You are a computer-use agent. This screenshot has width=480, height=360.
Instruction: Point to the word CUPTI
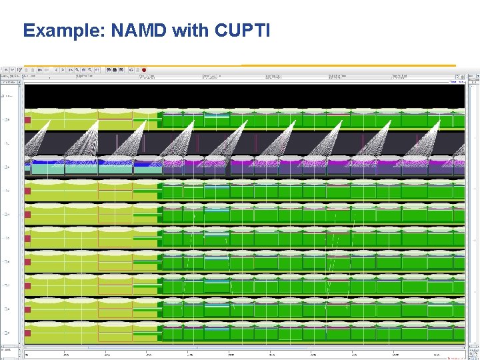click(x=241, y=31)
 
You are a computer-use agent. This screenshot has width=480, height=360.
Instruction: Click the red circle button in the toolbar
click(x=144, y=69)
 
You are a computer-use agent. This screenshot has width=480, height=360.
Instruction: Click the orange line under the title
click(x=347, y=65)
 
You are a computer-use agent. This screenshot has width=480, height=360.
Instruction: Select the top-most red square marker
click(x=27, y=120)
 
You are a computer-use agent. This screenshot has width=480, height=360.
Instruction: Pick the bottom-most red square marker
click(x=27, y=333)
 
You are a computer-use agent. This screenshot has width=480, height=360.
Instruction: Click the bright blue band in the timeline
click(x=80, y=162)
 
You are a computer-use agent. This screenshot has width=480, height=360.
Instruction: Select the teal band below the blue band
click(x=80, y=169)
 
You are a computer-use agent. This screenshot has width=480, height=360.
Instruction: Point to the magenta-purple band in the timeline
click(x=300, y=162)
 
